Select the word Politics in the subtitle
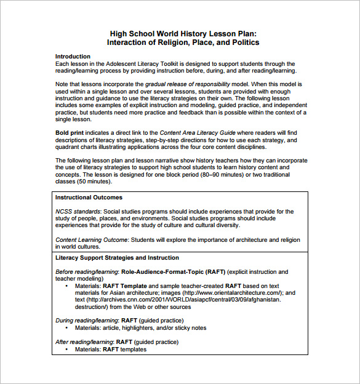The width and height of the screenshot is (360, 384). (242, 42)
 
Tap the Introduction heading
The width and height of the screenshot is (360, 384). (73, 57)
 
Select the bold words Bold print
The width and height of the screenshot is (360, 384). (70, 132)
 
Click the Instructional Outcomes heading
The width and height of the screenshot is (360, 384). (89, 198)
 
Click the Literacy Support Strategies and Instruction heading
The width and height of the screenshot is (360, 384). (117, 258)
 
